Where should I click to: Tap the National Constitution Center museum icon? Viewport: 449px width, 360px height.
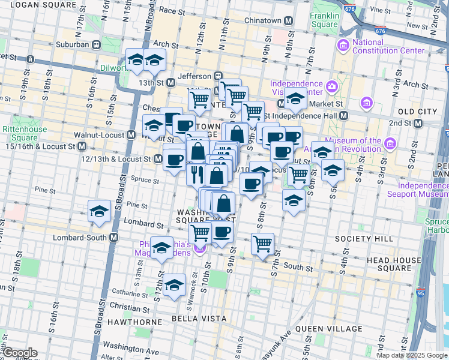coord(343,45)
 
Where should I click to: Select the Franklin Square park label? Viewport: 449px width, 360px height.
coord(324,20)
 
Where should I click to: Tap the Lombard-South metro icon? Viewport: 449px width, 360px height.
coord(113,237)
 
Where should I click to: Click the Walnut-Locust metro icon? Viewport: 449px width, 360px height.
coord(130,135)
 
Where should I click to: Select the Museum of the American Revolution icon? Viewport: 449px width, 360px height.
coord(390,143)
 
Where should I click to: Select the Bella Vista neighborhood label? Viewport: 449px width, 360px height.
coord(192,317)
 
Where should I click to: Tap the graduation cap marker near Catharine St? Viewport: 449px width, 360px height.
coord(175,285)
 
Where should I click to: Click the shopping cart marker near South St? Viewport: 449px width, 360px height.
coord(262,244)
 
